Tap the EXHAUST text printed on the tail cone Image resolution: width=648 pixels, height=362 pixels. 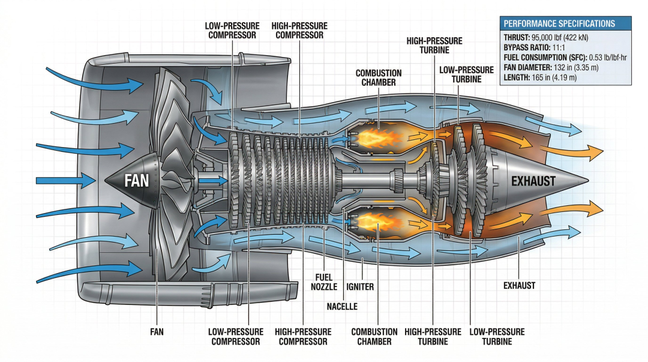click(533, 180)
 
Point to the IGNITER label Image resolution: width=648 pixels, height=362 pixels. click(360, 287)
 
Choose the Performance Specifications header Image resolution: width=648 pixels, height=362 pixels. click(559, 23)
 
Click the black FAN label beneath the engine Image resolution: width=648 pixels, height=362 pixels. click(157, 331)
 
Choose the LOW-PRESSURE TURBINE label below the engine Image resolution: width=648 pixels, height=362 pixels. click(497, 336)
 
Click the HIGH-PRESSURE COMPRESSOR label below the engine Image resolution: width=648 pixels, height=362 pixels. click(303, 336)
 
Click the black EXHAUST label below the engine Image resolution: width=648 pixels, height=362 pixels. click(519, 286)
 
